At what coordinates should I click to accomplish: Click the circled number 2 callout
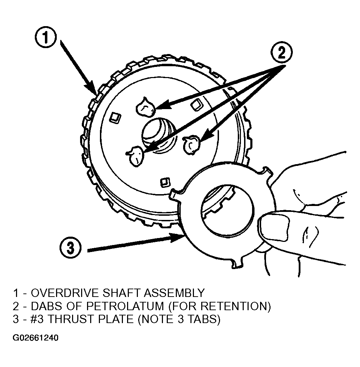coord(281,53)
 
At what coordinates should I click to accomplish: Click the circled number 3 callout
coord(70,248)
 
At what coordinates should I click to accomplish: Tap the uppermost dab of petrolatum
coord(146,107)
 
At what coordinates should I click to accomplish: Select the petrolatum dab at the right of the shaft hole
coord(192,145)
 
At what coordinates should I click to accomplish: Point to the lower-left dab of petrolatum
coord(135,156)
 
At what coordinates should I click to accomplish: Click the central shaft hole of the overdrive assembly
coord(159,135)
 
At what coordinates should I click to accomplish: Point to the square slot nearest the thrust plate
coord(165,182)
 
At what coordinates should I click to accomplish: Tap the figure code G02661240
coord(36,338)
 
